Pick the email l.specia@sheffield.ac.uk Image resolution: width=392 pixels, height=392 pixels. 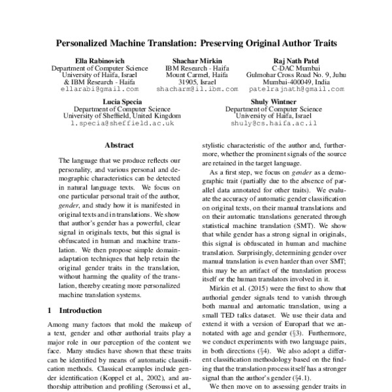pyautogui.click(x=122, y=123)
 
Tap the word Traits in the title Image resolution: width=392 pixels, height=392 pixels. pyautogui.click(x=321, y=44)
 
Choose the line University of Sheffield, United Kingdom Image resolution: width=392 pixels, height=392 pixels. pyautogui.click(x=122, y=116)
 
